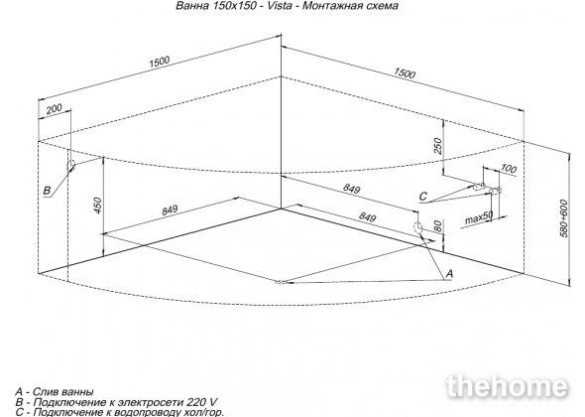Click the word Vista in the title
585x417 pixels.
click(x=278, y=6)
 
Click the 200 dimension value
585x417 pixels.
click(x=55, y=109)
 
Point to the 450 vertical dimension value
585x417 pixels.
click(x=97, y=206)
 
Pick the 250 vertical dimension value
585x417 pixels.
click(x=438, y=146)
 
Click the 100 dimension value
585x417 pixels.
click(x=508, y=169)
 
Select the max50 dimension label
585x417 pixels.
click(x=479, y=217)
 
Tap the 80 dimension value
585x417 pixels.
click(x=438, y=225)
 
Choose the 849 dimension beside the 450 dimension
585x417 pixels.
click(x=170, y=210)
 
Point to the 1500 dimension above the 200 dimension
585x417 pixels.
click(x=160, y=62)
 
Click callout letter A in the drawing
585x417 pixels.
click(x=449, y=273)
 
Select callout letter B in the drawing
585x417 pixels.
click(x=47, y=191)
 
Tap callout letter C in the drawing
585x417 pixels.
click(x=422, y=197)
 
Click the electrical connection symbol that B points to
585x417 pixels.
click(x=70, y=165)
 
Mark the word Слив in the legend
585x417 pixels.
click(x=43, y=392)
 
